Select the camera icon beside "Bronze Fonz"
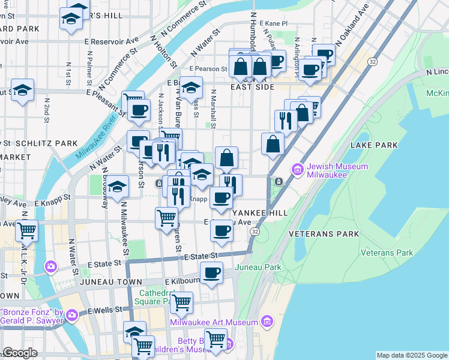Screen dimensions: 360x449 [73, 314]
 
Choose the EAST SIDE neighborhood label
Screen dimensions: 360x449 [252, 87]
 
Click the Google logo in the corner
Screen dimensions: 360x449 [20, 353]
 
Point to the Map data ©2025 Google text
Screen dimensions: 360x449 [411, 355]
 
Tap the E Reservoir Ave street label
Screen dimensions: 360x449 [112, 41]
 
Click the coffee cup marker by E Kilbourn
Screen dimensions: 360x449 [211, 273]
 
